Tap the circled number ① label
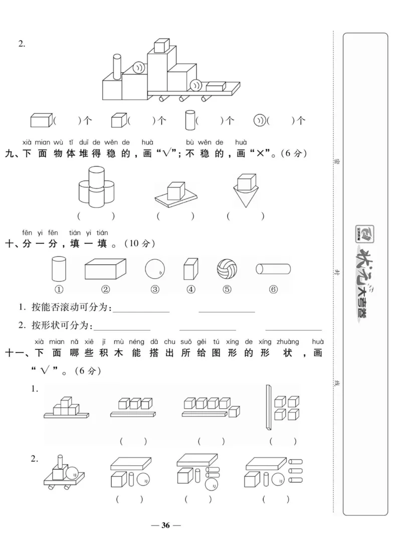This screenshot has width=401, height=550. pos(59,289)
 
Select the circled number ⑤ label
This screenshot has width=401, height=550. pos(227,289)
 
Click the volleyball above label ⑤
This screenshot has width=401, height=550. pos(227,269)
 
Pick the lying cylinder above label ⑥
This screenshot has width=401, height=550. pos(273,269)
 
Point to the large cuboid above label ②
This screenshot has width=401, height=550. pos(105,269)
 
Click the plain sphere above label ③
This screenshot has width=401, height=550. pos(155,269)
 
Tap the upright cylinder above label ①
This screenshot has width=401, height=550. pos(59,269)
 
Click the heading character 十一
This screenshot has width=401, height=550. pos(15,353)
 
